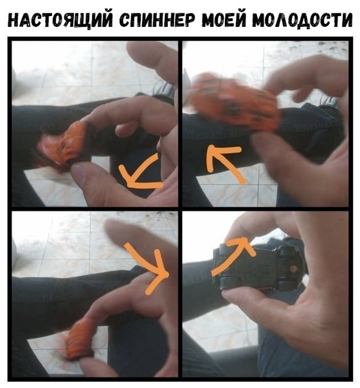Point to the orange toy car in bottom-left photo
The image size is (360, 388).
[78, 339]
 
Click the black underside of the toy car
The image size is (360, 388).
[258, 267]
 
